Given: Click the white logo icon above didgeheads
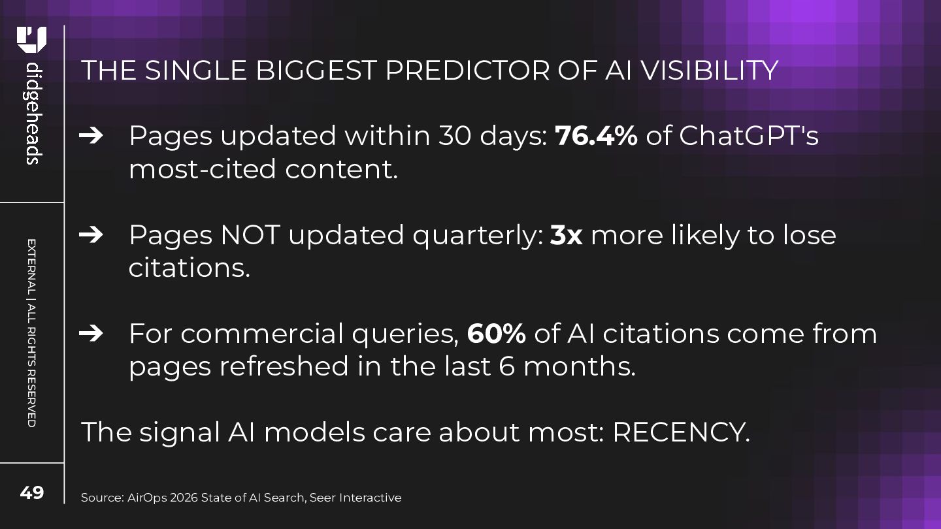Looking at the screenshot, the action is click(31, 40).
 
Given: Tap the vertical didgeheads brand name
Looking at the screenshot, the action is click(33, 114).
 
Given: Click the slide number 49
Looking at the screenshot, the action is click(31, 492).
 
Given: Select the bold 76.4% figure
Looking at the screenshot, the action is click(596, 136).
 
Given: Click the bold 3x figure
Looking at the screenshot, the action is click(566, 234).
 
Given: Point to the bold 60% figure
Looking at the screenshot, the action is click(496, 333).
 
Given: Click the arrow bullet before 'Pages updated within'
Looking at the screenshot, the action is click(91, 136).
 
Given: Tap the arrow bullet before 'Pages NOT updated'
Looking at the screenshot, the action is click(91, 234).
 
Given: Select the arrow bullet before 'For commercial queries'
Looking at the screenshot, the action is click(91, 334).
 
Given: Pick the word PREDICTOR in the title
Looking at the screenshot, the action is click(467, 70).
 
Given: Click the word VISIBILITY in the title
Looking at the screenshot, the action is click(710, 70).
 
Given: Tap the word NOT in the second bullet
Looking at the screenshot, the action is click(250, 234).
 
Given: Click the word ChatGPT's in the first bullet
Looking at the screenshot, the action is click(749, 136).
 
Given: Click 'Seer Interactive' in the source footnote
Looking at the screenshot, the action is click(355, 498).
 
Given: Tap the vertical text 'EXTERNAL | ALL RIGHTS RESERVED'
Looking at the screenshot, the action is click(31, 333).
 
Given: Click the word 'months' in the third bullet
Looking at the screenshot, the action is click(579, 366).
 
